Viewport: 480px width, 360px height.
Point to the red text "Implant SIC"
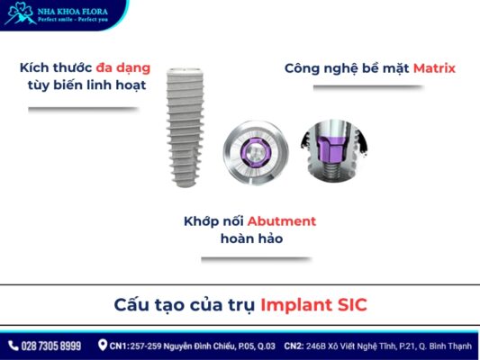[x=313, y=304]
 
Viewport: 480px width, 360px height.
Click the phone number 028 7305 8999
[x=51, y=346]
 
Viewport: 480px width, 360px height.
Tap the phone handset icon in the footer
[x=13, y=346]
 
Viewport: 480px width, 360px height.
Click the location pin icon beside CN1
[x=103, y=346]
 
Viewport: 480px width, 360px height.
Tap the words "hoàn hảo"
[x=239, y=239]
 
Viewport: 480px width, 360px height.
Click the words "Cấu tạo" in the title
[x=144, y=304]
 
